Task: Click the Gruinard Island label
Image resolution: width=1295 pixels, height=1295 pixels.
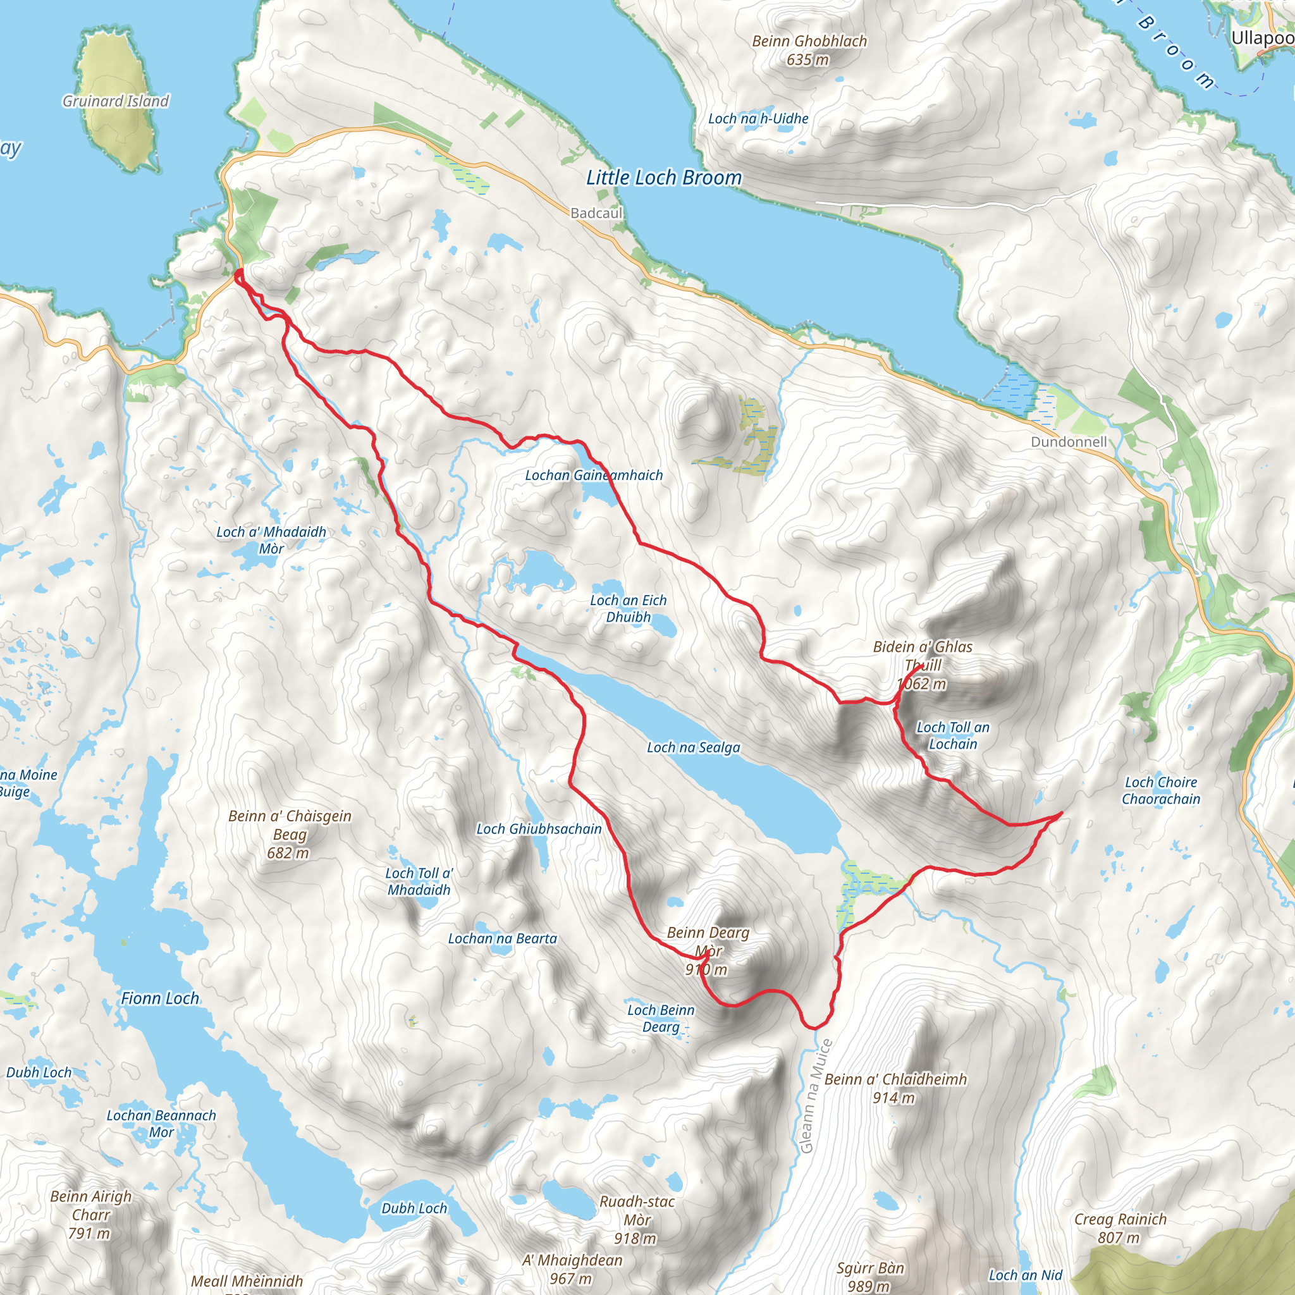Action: [115, 101]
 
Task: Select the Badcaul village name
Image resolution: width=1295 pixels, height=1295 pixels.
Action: [596, 213]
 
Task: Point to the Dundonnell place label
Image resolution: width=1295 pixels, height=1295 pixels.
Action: [1069, 442]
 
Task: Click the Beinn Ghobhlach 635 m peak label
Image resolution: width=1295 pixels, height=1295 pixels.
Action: [809, 51]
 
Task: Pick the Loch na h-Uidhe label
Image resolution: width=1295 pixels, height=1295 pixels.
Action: [758, 119]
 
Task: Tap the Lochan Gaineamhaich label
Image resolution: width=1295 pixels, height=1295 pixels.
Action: [593, 476]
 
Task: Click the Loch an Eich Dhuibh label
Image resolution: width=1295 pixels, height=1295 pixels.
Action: [628, 609]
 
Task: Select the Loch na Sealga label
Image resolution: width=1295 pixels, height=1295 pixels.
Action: [693, 747]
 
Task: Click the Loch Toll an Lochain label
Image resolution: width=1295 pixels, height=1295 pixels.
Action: [952, 735]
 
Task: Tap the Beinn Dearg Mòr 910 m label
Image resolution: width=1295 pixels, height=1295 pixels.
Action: [708, 950]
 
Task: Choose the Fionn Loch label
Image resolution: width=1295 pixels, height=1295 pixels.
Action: [159, 998]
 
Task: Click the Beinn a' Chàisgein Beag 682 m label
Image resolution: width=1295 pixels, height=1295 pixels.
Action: [290, 835]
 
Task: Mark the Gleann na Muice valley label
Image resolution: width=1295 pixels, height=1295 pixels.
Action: [816, 1096]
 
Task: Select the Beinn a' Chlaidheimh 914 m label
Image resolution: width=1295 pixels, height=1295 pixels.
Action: [895, 1088]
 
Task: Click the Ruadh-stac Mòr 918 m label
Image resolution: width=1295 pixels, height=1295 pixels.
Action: [636, 1220]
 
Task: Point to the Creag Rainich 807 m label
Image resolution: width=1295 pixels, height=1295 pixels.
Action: [1120, 1228]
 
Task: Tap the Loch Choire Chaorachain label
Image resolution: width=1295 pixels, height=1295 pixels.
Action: [1160, 790]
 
